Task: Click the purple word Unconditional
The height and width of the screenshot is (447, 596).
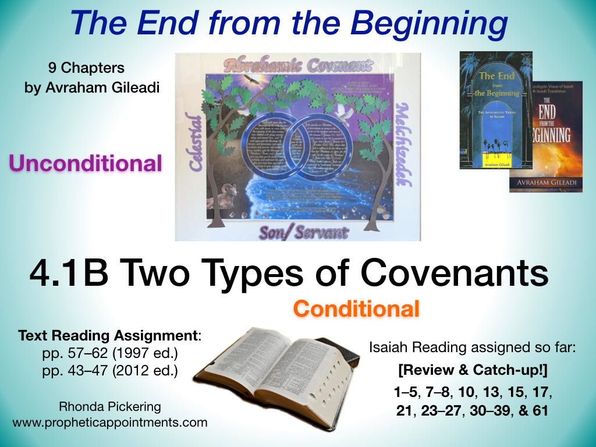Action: pos(85,164)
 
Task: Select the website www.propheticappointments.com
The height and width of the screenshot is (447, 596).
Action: pos(109,423)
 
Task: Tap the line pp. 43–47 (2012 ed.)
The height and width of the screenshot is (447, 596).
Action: pos(109,370)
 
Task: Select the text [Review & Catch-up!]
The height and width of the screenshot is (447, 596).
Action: pos(472,368)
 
